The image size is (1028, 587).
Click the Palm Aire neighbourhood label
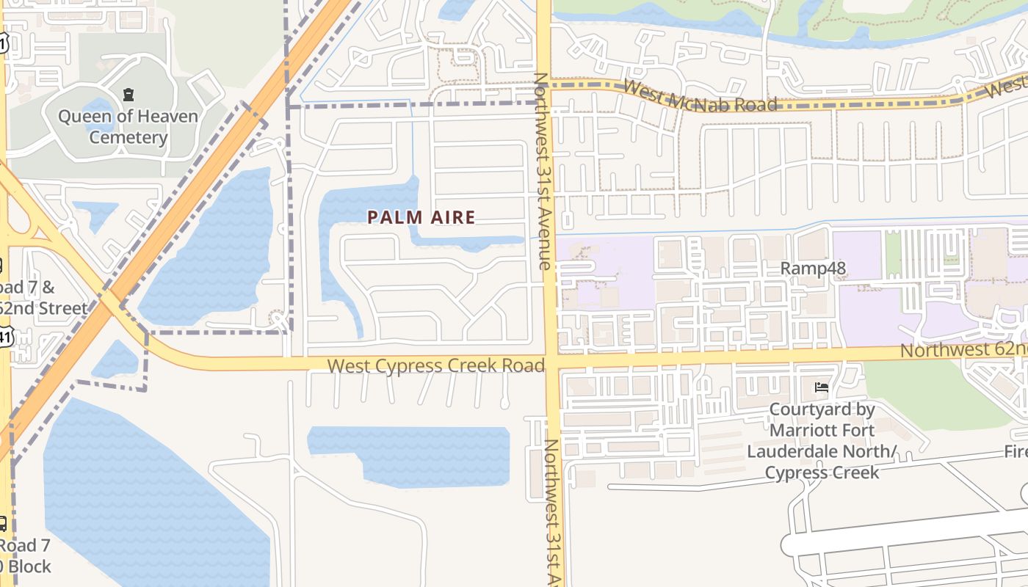[421, 217]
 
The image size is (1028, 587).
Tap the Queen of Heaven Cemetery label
[128, 127]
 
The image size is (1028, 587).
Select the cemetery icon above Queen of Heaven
[128, 94]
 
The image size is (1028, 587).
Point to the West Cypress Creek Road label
[435, 365]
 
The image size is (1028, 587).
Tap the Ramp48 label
[813, 268]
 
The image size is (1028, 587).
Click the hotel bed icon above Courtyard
[822, 387]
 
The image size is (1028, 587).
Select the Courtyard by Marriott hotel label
[822, 440]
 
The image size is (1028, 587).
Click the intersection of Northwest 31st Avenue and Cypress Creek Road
[551, 362]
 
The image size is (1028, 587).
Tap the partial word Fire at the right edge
[1016, 451]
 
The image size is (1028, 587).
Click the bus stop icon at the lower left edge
[2, 523]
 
